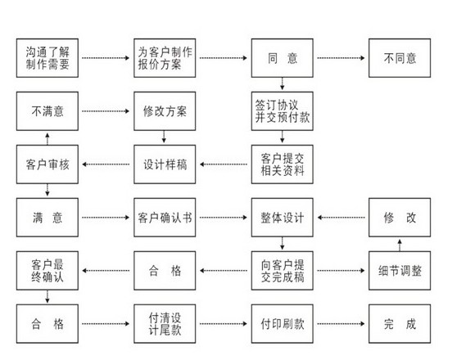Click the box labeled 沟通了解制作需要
click(48, 58)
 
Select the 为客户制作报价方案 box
click(165, 58)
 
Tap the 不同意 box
click(400, 58)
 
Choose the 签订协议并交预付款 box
click(283, 111)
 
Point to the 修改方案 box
click(165, 111)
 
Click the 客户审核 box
click(48, 164)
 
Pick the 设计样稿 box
click(165, 164)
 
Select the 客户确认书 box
click(165, 218)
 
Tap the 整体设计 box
click(283, 218)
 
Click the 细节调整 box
click(400, 271)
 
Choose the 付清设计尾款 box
click(165, 324)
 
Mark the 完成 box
click(400, 324)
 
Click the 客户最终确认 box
click(48, 271)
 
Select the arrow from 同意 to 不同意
click(341, 58)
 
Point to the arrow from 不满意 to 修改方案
click(106, 111)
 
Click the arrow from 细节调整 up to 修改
click(400, 245)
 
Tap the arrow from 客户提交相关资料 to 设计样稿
click(224, 164)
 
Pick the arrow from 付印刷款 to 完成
click(341, 324)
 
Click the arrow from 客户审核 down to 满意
click(48, 190)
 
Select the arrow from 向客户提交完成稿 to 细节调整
click(341, 271)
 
